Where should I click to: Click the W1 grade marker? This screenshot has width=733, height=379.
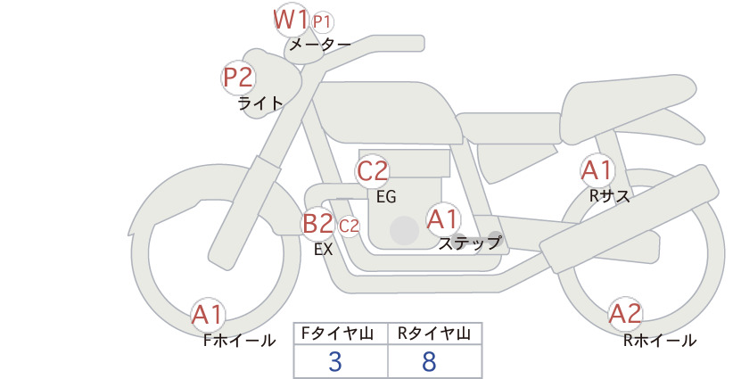coord(291,21)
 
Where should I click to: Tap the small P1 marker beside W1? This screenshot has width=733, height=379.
coord(323,22)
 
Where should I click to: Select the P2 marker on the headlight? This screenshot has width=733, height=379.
coord(238,78)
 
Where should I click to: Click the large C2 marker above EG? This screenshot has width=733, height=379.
coord(372,171)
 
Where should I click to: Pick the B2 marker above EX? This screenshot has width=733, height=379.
coord(317,223)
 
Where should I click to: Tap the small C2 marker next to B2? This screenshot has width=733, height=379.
coord(349,227)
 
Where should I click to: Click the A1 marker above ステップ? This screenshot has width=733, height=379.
coord(443,219)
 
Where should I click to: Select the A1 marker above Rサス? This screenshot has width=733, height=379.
coord(597,170)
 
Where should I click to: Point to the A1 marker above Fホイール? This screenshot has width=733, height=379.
coord(208,315)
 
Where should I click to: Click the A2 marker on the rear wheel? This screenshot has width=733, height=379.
coord(625,314)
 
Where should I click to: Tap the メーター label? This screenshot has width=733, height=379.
coord(320,45)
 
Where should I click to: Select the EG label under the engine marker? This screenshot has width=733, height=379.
coord(386,197)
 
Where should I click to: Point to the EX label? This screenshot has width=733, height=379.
coord(323,250)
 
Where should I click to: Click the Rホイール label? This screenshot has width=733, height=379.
coord(660,341)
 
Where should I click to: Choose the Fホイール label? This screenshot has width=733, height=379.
coord(239,341)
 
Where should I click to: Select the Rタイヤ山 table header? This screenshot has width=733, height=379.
coord(434,334)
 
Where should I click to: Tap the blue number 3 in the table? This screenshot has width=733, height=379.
coord(335,361)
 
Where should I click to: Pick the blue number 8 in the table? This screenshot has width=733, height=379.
coord(429,361)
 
